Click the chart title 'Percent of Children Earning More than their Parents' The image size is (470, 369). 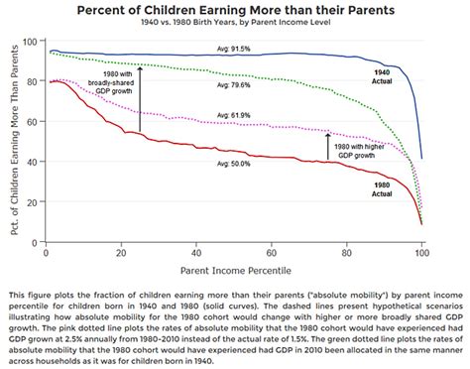235,10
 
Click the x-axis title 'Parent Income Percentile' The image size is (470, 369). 235,269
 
